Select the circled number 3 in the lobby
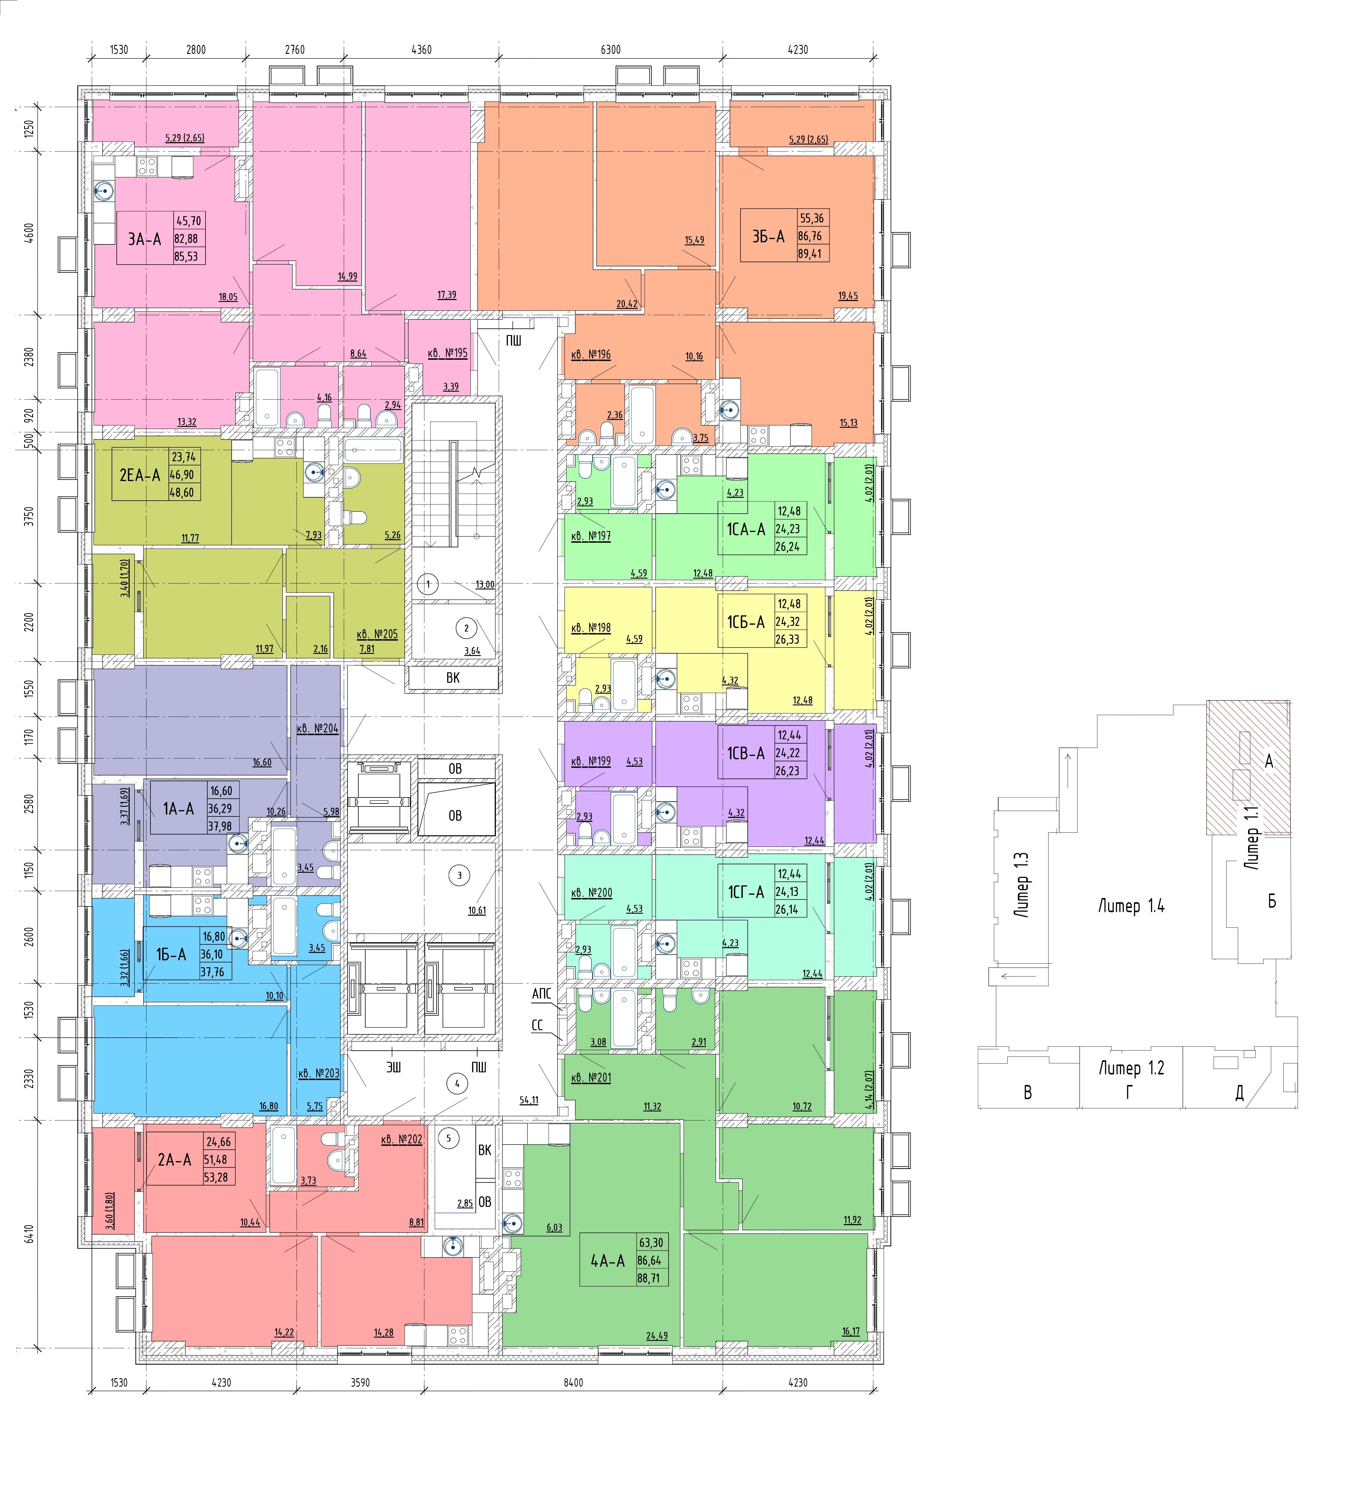pos(459,875)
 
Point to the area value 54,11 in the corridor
pos(529,1100)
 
